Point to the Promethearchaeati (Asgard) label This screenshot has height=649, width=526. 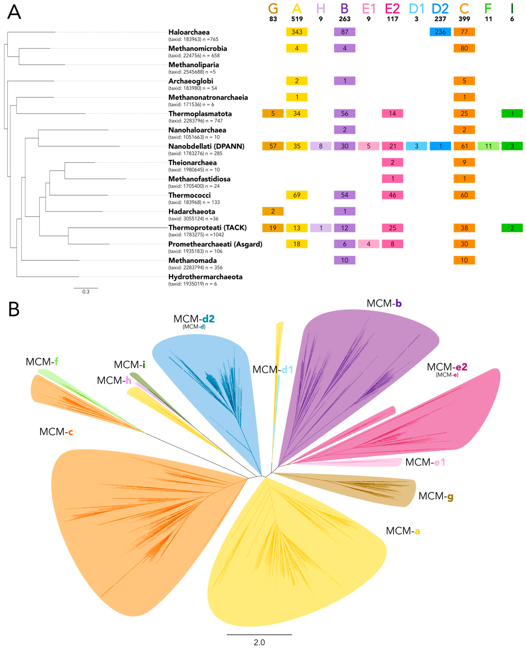point(215,244)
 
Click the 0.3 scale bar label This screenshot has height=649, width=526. point(86,292)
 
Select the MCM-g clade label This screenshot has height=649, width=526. point(436,496)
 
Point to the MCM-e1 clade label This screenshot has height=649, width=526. point(425,462)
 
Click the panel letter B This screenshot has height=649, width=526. point(14,309)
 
